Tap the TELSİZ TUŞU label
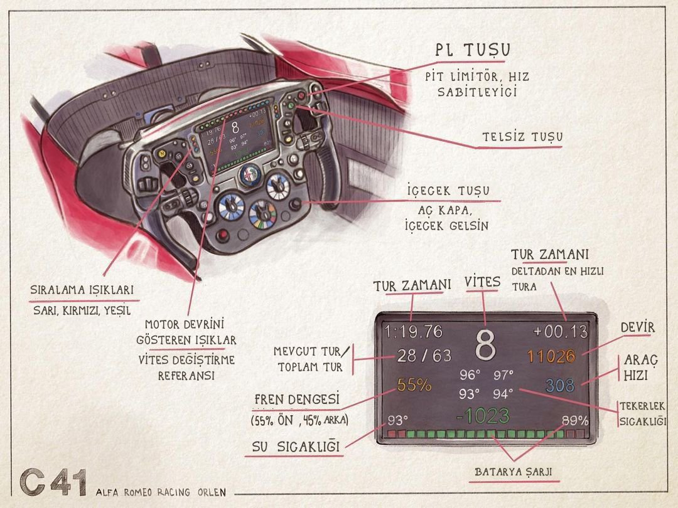(x=522, y=137)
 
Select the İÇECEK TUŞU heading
(x=448, y=190)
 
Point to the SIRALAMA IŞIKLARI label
(x=82, y=290)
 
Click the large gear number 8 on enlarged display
(x=485, y=342)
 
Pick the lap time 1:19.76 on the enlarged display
(x=414, y=331)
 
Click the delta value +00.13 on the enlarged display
(x=560, y=331)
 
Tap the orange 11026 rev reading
(x=551, y=356)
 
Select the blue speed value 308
(x=560, y=385)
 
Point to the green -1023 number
(x=483, y=416)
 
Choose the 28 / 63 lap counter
(x=424, y=356)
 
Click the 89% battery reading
(x=575, y=420)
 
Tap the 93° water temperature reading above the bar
(x=397, y=420)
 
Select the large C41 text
(x=53, y=484)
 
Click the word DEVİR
(x=637, y=327)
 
